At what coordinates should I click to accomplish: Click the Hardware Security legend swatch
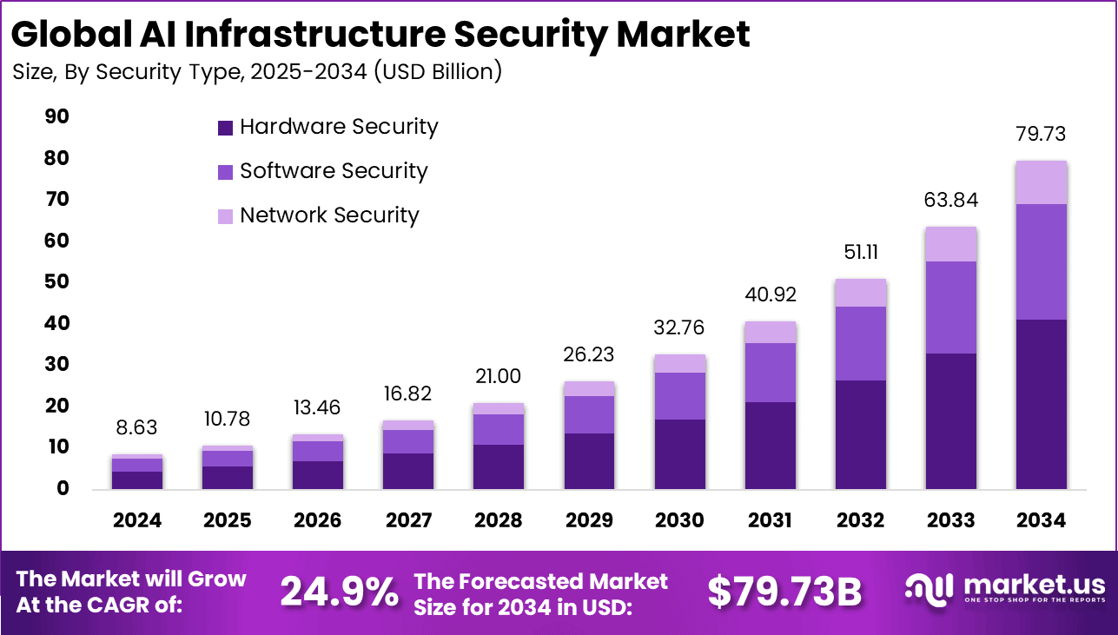tap(225, 128)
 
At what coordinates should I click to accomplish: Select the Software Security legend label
tap(334, 171)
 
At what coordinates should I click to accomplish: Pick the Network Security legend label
tap(329, 215)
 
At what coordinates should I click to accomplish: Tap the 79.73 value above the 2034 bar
tap(1041, 135)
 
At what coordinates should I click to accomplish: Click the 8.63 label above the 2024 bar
tap(137, 428)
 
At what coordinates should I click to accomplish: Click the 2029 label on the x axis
tap(589, 520)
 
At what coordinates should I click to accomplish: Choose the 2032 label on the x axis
tap(860, 520)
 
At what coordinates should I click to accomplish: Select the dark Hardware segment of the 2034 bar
tap(1041, 404)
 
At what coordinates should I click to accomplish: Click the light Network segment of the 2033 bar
tap(950, 244)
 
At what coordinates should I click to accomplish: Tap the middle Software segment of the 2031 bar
tap(770, 373)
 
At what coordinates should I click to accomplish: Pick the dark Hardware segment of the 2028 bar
tap(499, 466)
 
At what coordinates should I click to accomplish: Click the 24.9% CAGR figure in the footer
tap(339, 592)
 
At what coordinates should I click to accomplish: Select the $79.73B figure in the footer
tap(784, 592)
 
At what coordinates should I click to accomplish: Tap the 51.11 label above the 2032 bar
tap(860, 252)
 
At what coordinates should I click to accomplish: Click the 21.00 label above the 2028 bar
tap(499, 377)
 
